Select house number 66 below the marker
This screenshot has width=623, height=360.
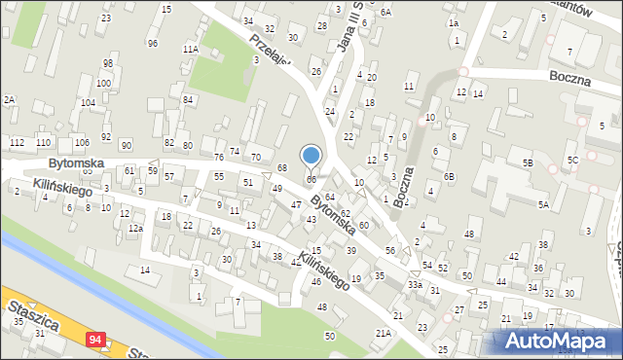click(311, 180)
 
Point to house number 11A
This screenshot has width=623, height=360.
click(191, 48)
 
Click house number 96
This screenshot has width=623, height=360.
click(152, 44)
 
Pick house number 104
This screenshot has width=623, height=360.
click(88, 102)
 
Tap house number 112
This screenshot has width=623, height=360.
click(18, 143)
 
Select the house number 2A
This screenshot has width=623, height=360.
click(9, 100)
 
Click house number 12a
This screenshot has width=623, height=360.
click(136, 229)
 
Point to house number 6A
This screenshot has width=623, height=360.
click(385, 12)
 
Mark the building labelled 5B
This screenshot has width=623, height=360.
click(527, 163)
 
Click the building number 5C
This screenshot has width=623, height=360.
click(573, 159)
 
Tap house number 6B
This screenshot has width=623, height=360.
click(449, 176)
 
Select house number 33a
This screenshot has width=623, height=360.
click(416, 284)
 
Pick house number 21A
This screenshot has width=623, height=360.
click(384, 333)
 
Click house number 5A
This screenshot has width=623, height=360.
click(544, 205)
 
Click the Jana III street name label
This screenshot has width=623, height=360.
click(348, 29)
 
